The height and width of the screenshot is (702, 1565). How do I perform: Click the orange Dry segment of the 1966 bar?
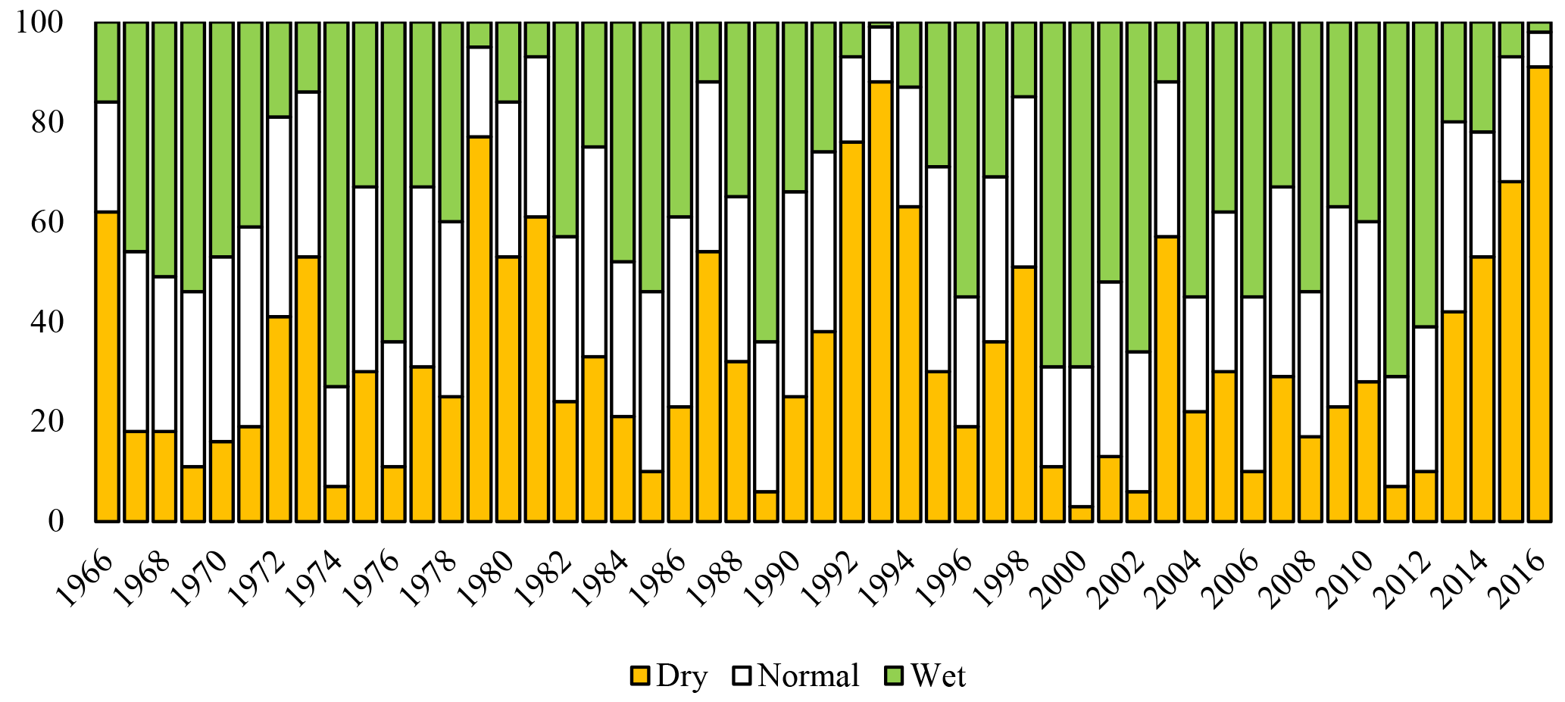[107, 367]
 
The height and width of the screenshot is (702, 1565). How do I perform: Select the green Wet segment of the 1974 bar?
[336, 204]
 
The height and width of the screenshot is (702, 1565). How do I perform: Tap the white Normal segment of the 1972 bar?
[279, 217]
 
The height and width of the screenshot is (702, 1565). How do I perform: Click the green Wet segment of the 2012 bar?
[1424, 174]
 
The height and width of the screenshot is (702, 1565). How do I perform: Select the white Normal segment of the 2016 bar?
[1538, 50]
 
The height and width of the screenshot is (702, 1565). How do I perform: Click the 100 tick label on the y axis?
[39, 23]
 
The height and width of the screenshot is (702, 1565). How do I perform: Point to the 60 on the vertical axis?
[45, 223]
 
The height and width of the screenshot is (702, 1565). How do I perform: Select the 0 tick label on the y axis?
[54, 521]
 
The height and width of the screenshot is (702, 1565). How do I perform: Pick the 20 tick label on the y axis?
[45, 422]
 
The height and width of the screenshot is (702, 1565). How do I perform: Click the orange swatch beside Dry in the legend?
[640, 675]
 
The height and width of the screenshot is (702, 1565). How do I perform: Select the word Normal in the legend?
[808, 675]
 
